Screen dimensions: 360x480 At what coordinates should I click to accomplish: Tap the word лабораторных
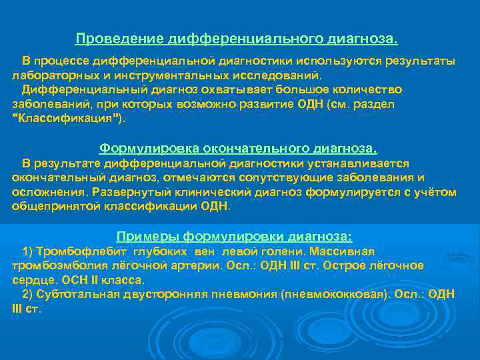pos(49,75)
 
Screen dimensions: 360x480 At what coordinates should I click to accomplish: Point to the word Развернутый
pos(128,192)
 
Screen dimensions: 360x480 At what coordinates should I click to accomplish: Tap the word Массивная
pos(346,251)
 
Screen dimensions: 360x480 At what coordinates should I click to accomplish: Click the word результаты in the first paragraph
pos(423,61)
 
